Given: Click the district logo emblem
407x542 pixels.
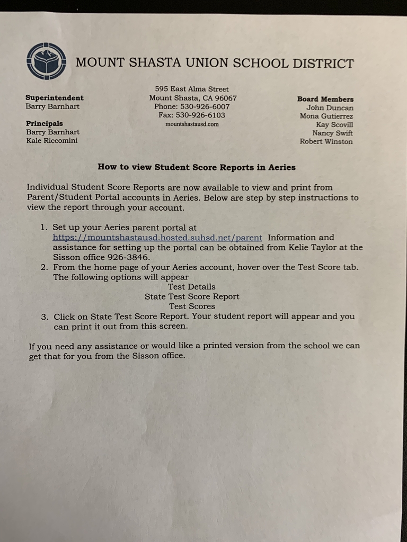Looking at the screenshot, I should pos(47,61).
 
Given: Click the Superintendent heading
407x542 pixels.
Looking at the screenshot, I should pos(55,98).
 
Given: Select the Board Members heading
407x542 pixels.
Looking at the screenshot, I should pos(325,99).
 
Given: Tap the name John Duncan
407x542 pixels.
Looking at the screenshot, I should pos(330,107).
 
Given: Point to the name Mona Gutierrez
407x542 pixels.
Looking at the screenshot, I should pos(326,116).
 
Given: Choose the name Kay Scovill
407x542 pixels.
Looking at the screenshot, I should pos(334,124).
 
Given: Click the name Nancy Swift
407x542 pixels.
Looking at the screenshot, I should pos(332,133).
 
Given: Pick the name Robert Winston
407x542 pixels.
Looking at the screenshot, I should pos(326,141).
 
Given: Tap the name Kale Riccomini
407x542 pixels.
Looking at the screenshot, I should pos(52,140).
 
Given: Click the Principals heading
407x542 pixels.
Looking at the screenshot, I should pos(45,123).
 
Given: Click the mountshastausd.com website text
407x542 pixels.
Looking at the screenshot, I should pos(192,124).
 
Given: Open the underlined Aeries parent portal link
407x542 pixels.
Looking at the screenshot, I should pos(157,238).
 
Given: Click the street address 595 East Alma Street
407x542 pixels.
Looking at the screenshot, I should pos(192,89).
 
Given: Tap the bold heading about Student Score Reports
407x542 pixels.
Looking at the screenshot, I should pos(197,167).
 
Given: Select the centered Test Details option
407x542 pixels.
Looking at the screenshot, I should pos(192,287).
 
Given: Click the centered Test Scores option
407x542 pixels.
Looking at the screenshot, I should pos(192,306).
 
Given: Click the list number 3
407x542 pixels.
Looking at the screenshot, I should pos(45,317).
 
